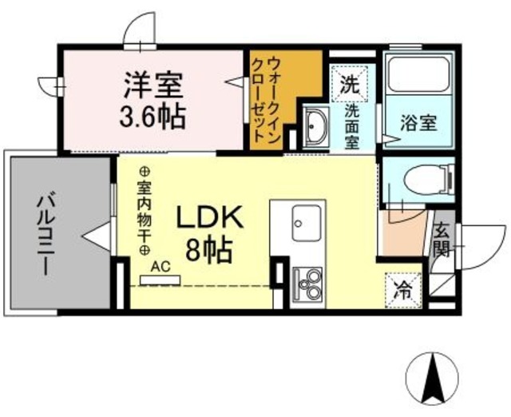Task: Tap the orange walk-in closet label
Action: click(x=265, y=100)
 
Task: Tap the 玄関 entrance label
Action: click(x=442, y=239)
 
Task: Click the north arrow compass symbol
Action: click(x=434, y=378)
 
